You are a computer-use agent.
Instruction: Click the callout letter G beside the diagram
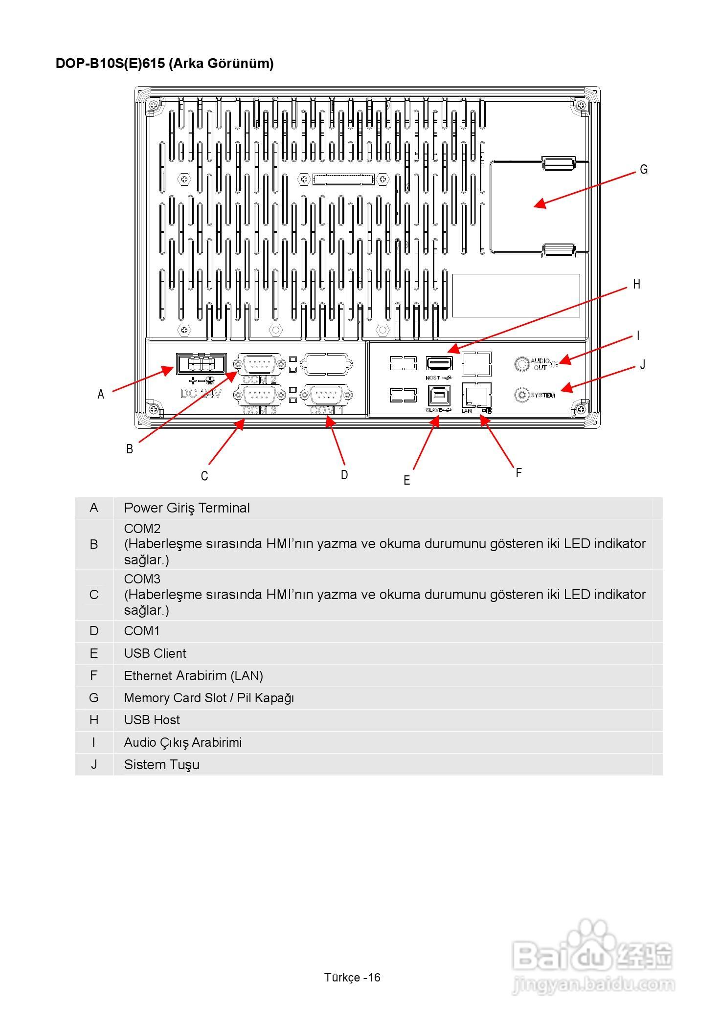pos(644,169)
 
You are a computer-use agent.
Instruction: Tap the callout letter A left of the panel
pos(101,394)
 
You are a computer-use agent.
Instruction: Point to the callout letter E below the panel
pos(406,480)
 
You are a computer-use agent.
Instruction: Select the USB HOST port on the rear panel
pos(439,363)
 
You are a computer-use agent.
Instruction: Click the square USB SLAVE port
pos(439,395)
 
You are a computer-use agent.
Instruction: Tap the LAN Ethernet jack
pos(476,394)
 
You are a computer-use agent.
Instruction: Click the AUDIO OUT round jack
pos(522,363)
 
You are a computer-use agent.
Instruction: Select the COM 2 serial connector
pos(260,364)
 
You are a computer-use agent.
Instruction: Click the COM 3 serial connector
pos(260,395)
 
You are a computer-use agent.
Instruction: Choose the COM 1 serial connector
pos(327,395)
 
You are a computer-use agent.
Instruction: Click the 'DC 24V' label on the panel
pos(201,393)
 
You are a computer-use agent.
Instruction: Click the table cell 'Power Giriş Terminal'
pos(187,508)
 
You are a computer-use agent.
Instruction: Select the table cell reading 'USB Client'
pos(155,653)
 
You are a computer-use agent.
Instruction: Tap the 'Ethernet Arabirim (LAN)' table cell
pos(193,676)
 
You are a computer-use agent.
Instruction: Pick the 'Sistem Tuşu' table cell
pos(161,764)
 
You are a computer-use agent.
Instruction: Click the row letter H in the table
pos(94,720)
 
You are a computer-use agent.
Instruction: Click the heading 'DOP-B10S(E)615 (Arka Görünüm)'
pos(164,64)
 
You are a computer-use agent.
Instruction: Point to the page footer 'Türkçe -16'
pos(352,977)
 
